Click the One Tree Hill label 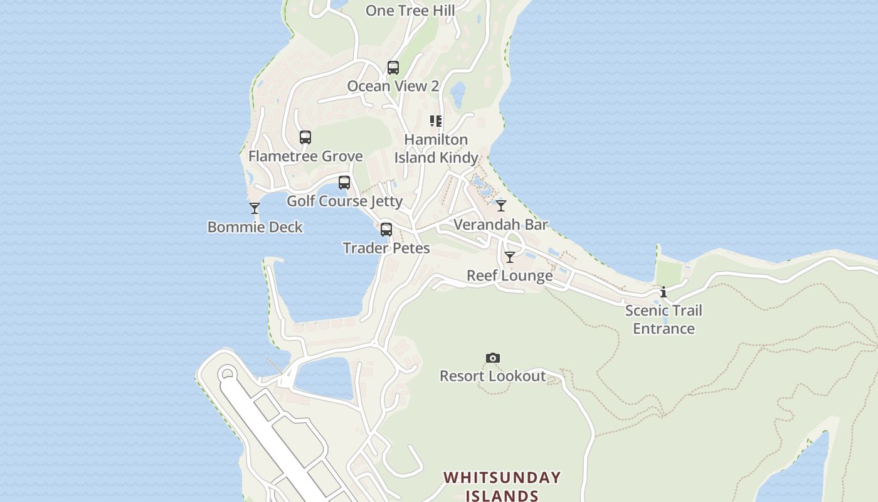[x=410, y=11]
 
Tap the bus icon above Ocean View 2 [x=393, y=68]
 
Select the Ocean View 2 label [x=393, y=87]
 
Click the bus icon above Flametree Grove [x=305, y=137]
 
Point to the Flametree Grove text [x=305, y=156]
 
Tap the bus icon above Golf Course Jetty [x=344, y=183]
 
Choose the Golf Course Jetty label [x=344, y=201]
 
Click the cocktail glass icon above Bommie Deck [x=255, y=208]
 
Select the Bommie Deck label [x=255, y=227]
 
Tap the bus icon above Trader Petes [x=386, y=230]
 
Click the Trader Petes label [x=386, y=248]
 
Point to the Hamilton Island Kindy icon [x=436, y=121]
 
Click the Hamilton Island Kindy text [x=436, y=149]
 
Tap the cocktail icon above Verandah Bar [x=501, y=206]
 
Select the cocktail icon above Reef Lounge [x=510, y=257]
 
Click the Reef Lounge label [x=510, y=276]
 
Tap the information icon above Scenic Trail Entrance [x=664, y=292]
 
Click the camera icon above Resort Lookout [x=493, y=358]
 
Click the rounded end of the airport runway [x=227, y=375]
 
